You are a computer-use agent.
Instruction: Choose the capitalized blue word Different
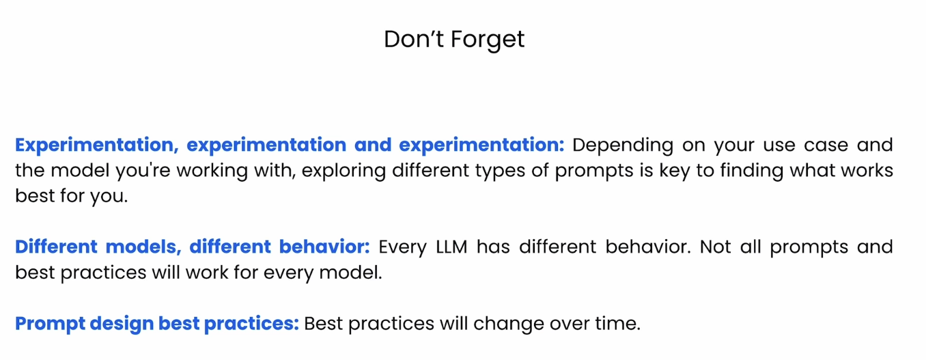pos(56,247)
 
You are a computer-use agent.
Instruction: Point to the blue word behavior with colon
pos(324,247)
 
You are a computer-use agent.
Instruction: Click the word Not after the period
pos(716,247)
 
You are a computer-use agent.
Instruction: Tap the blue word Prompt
pos(50,324)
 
